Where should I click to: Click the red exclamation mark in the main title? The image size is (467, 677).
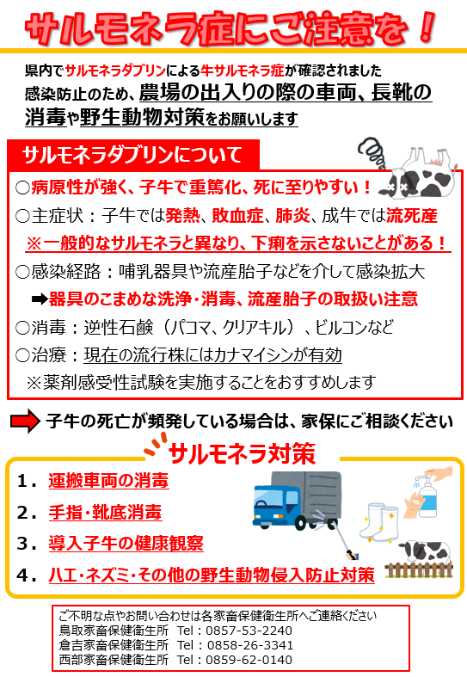(x=427, y=27)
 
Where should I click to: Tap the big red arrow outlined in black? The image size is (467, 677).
(x=25, y=421)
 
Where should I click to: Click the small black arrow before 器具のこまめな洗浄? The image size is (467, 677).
(x=40, y=299)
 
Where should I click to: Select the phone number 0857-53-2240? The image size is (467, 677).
(x=249, y=631)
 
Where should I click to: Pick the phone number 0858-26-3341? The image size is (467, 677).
(x=250, y=645)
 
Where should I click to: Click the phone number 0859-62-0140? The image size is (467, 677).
(x=249, y=660)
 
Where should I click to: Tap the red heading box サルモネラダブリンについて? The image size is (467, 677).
(x=133, y=155)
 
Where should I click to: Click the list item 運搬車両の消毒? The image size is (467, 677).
(x=108, y=481)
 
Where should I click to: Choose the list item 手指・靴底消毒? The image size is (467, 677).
(x=105, y=512)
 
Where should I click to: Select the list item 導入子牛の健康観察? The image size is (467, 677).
(x=126, y=543)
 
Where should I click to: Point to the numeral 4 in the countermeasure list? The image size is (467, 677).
(x=22, y=575)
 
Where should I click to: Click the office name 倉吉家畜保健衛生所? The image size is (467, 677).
(x=114, y=645)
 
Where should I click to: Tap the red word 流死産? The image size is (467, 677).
(x=412, y=215)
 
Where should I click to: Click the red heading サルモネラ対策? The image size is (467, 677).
(x=243, y=454)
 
